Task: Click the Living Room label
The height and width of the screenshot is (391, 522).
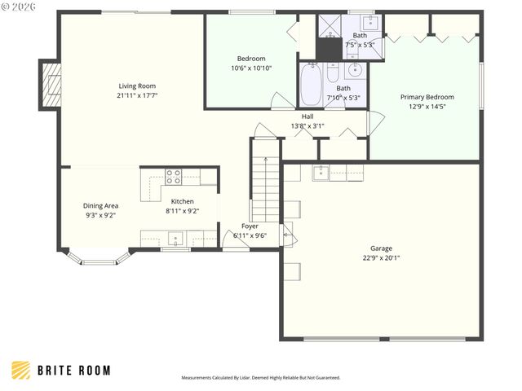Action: pos(137,86)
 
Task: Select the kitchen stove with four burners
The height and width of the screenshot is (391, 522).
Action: pos(173,174)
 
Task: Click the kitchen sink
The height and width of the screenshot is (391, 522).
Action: pos(174,239)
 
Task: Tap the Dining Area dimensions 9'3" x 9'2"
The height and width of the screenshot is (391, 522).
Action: pos(100,216)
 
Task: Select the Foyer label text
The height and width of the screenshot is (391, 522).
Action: pos(250,226)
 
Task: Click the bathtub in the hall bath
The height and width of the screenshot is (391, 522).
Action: pos(311,86)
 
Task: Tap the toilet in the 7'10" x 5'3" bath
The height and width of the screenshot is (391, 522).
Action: pos(333,74)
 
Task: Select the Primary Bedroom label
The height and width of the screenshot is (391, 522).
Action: pos(427,97)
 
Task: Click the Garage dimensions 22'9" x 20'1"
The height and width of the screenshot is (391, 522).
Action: pos(381,257)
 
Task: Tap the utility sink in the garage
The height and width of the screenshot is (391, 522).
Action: pos(321,172)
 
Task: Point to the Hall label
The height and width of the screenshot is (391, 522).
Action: pos(307,116)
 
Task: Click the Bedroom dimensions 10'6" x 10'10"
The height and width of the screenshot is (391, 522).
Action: pos(251,68)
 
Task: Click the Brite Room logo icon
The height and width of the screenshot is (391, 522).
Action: pos(22,370)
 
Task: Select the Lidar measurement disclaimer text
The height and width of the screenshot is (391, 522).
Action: pos(261,378)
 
